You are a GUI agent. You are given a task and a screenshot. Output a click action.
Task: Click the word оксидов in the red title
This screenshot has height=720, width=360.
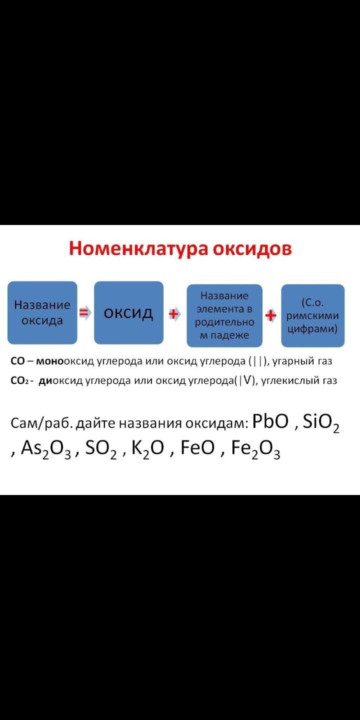pyautogui.click(x=252, y=248)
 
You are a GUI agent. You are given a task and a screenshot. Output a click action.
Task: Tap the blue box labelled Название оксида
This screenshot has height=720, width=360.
pyautogui.click(x=42, y=312)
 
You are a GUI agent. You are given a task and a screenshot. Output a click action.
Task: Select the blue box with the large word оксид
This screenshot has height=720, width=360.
pyautogui.click(x=128, y=312)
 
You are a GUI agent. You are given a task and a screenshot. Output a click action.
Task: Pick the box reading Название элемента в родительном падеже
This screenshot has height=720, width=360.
pyautogui.click(x=224, y=315)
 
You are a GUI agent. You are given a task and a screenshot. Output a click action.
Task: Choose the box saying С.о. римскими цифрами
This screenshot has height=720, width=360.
pyautogui.click(x=313, y=315)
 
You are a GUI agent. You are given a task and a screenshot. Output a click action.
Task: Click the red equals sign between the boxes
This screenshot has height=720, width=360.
pyautogui.click(x=85, y=313)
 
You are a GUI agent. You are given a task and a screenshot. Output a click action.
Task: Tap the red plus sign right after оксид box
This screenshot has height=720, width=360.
pyautogui.click(x=173, y=313)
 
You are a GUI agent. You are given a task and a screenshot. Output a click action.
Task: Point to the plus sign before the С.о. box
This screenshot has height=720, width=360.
pyautogui.click(x=270, y=315)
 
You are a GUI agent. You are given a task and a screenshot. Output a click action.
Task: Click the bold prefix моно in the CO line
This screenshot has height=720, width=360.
pyautogui.click(x=50, y=361)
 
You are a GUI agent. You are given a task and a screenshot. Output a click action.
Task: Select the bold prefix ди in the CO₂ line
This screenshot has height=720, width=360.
pyautogui.click(x=45, y=380)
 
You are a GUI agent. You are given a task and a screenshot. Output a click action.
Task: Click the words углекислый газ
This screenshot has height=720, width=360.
pyautogui.click(x=299, y=381)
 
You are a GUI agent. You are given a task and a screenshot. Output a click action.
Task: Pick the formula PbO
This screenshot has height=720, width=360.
pyautogui.click(x=270, y=421)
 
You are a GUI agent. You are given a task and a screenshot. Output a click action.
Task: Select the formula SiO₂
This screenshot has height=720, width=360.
pyautogui.click(x=321, y=422)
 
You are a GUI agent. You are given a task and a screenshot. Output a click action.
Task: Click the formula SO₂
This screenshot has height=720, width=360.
pyautogui.click(x=100, y=449)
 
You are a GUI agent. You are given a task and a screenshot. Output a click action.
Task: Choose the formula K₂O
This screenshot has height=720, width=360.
pyautogui.click(x=148, y=449)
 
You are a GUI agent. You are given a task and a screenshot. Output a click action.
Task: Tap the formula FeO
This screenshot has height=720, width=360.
pyautogui.click(x=197, y=447)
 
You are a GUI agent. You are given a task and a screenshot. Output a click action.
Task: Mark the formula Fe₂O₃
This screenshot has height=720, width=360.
pyautogui.click(x=255, y=449)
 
